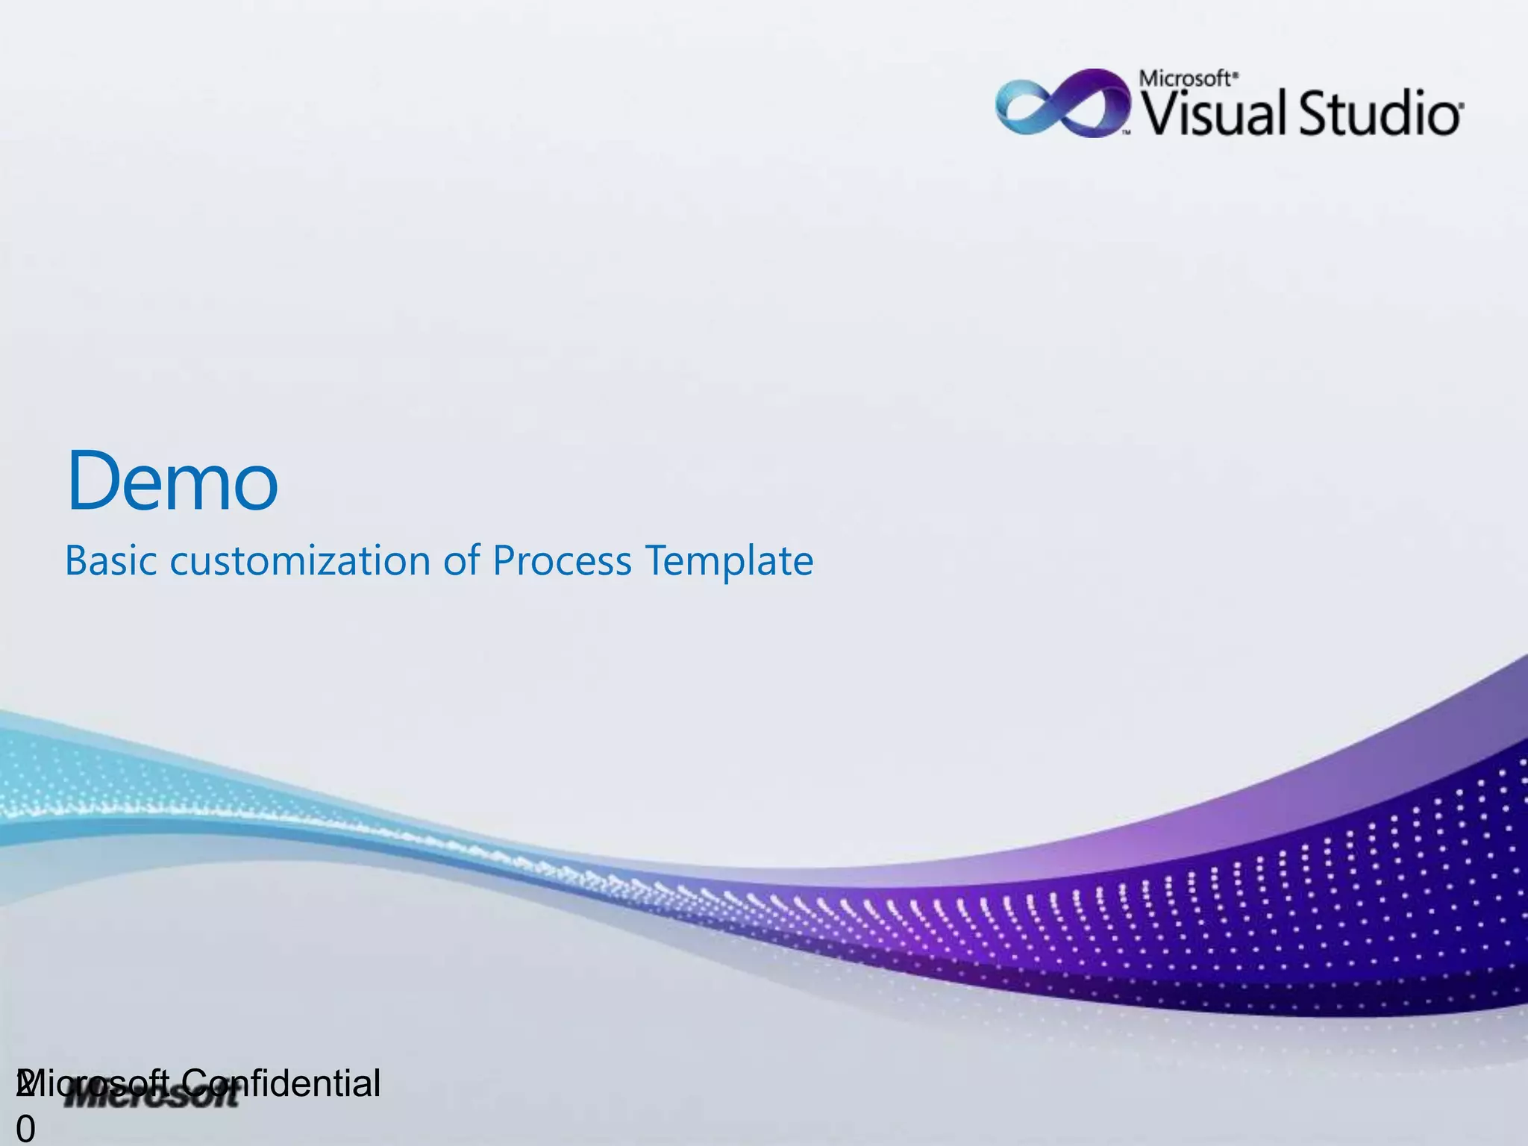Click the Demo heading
[172, 480]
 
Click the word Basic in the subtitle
[110, 560]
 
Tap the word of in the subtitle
[460, 560]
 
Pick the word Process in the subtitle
[562, 560]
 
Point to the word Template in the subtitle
[729, 562]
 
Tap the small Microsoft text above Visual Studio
[1188, 79]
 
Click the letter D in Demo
[93, 480]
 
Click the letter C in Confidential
[195, 1083]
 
